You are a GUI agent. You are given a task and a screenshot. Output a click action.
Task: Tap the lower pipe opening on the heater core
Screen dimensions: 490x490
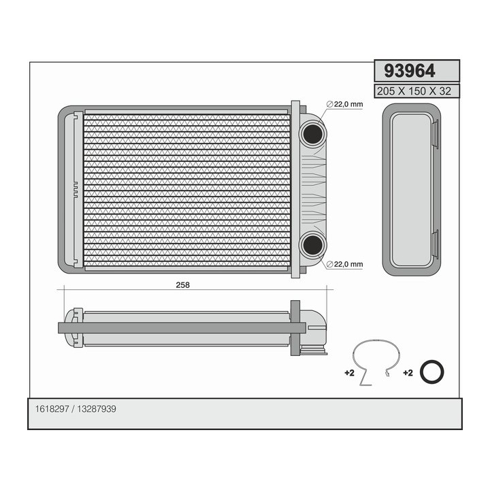click(x=312, y=246)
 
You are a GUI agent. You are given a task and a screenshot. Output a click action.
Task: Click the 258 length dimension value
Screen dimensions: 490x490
click(x=182, y=285)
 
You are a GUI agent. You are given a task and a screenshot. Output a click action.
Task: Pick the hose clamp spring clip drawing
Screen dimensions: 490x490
click(x=376, y=361)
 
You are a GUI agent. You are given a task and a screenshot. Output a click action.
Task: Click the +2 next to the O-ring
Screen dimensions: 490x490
click(x=408, y=373)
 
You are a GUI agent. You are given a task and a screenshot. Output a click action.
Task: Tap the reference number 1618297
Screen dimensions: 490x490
click(x=52, y=410)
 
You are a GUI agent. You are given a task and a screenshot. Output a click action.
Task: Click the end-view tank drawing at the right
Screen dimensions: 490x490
click(x=411, y=189)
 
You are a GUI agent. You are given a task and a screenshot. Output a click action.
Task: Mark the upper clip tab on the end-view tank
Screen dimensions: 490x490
click(x=435, y=134)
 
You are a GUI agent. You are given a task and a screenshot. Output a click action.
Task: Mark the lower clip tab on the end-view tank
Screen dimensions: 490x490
click(x=435, y=244)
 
